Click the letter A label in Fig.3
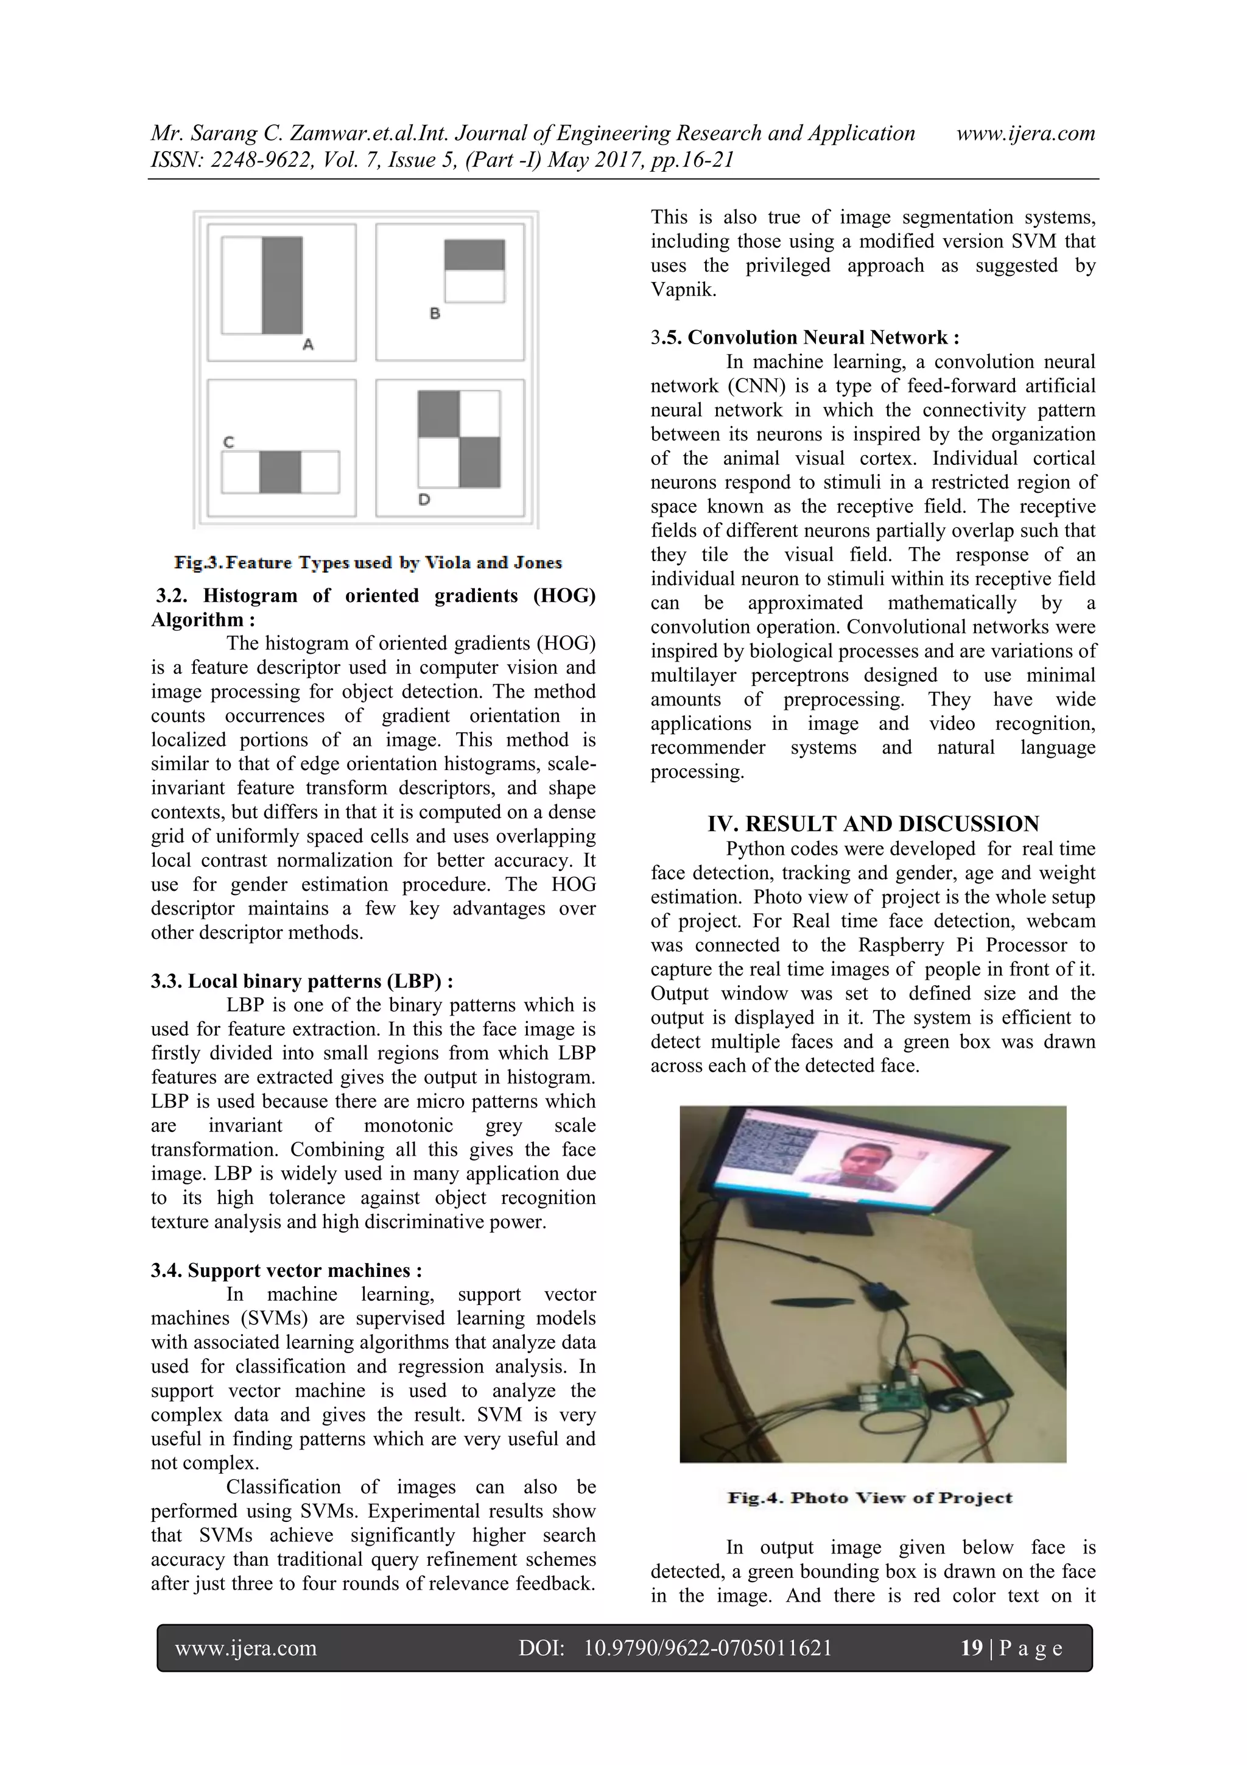pos(308,344)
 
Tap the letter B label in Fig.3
pos(435,313)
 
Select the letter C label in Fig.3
pos(228,442)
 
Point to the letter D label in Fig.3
pos(424,500)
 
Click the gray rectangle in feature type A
pos(282,285)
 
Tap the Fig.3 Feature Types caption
pos(368,563)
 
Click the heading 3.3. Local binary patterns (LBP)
pos(301,981)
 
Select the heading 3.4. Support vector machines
pos(286,1270)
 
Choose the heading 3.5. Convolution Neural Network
pos(804,338)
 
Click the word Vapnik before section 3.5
pos(683,290)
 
